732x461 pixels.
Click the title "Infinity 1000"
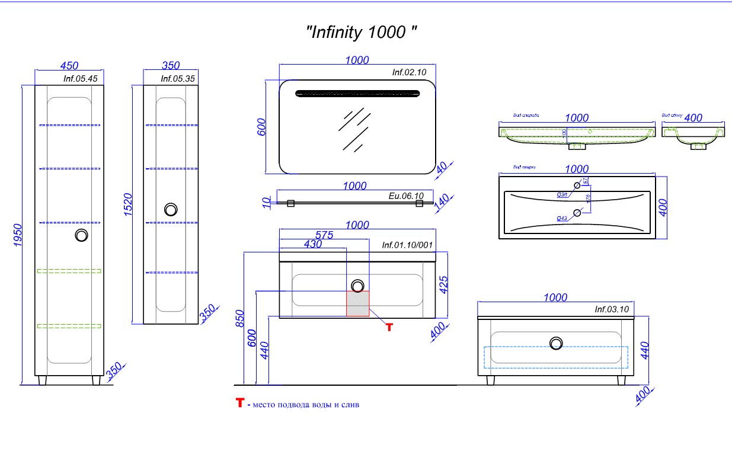pyautogui.click(x=361, y=32)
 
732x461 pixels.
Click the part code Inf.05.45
pyautogui.click(x=80, y=78)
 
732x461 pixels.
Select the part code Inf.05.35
pyautogui.click(x=178, y=78)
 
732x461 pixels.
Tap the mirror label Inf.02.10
pyautogui.click(x=409, y=72)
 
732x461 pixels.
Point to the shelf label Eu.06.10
pyautogui.click(x=406, y=196)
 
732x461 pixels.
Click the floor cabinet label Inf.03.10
pyautogui.click(x=611, y=309)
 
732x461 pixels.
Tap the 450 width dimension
pyautogui.click(x=69, y=65)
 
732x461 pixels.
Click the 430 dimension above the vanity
pyautogui.click(x=312, y=244)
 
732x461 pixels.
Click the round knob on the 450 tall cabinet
pyautogui.click(x=81, y=235)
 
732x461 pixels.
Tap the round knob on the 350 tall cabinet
pyautogui.click(x=171, y=210)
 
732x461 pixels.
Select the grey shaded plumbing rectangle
pyautogui.click(x=358, y=303)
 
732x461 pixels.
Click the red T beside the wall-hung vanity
pyautogui.click(x=389, y=326)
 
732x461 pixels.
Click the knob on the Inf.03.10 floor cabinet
pyautogui.click(x=556, y=343)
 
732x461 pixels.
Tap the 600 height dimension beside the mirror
pyautogui.click(x=261, y=126)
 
